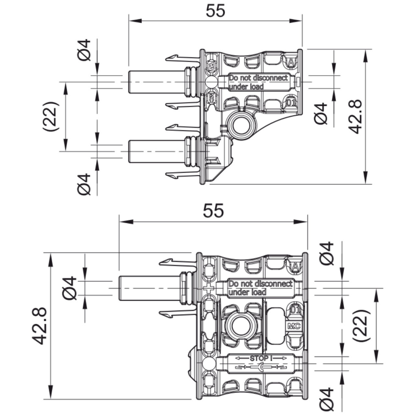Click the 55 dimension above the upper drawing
pyautogui.click(x=215, y=11)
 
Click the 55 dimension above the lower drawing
pyautogui.click(x=213, y=211)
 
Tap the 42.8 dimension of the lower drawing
pyautogui.click(x=40, y=326)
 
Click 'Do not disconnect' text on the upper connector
pyautogui.click(x=258, y=78)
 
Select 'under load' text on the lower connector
pyautogui.click(x=247, y=292)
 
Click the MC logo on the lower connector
pyautogui.click(x=294, y=326)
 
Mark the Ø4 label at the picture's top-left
pyautogui.click(x=85, y=50)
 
